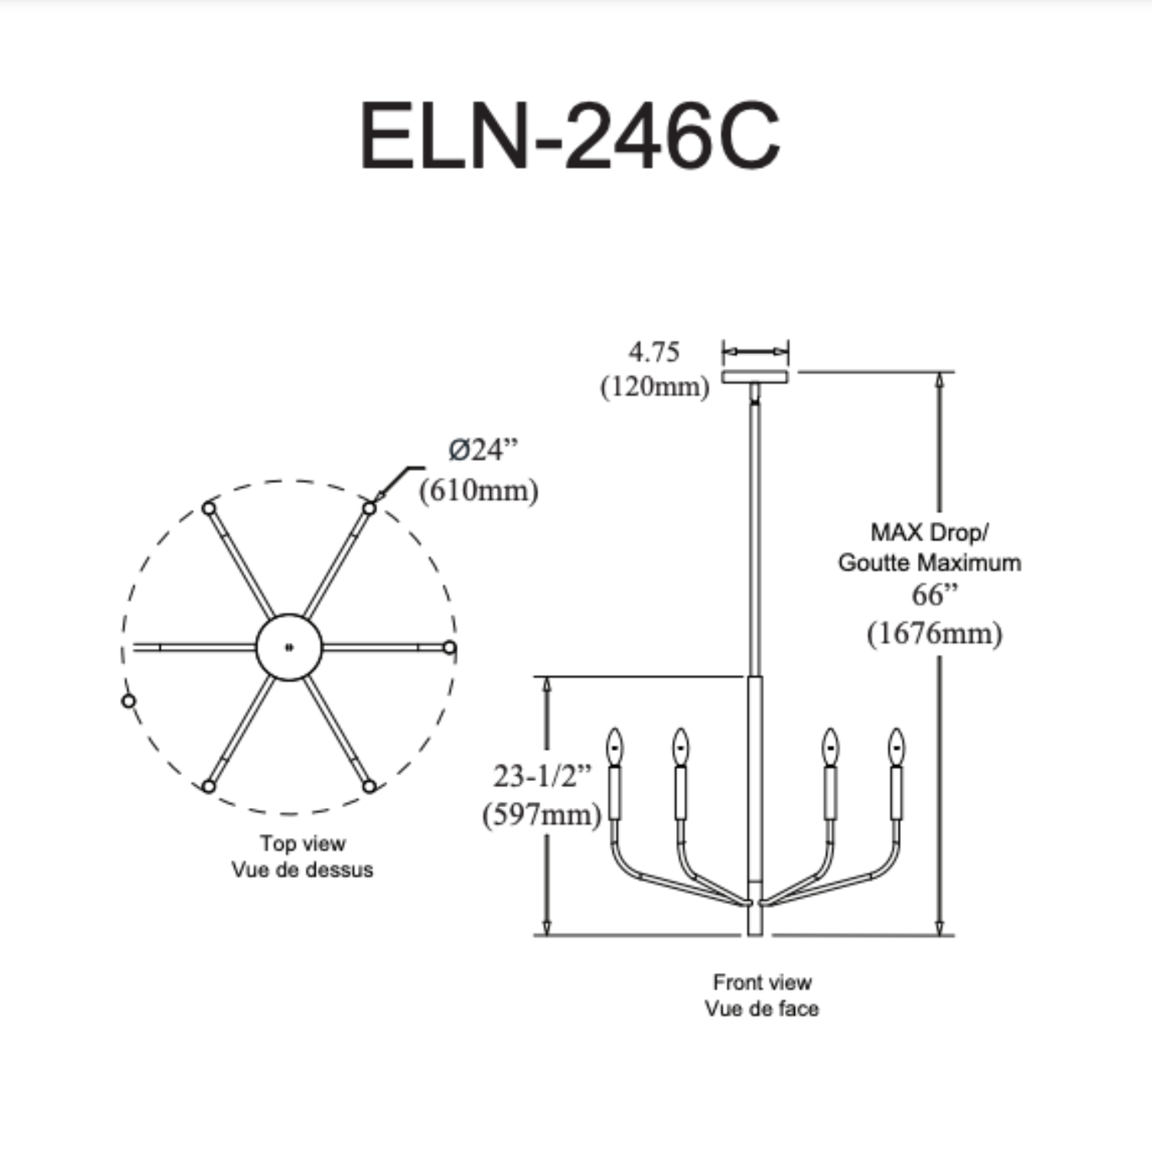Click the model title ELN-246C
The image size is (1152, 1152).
click(570, 137)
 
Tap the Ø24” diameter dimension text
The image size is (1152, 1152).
click(483, 450)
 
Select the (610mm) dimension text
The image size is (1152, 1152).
click(478, 490)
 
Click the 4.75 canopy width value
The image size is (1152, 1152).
click(654, 352)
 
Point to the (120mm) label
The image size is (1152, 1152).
click(654, 386)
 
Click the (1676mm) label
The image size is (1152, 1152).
click(935, 634)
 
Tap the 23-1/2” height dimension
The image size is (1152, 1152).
click(542, 776)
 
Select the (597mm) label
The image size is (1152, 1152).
click(541, 814)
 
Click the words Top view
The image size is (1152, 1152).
click(303, 843)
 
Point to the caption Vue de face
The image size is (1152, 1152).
click(762, 1008)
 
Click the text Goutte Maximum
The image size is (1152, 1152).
click(929, 562)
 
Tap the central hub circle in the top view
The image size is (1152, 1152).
click(289, 647)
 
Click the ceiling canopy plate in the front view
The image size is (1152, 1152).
click(755, 376)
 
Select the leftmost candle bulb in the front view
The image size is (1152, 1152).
click(614, 746)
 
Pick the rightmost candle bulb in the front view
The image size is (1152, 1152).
click(896, 746)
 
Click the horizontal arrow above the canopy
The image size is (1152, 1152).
click(756, 352)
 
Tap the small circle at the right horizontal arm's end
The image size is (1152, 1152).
click(449, 647)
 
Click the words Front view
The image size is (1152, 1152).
click(762, 982)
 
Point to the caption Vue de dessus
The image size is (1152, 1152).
click(303, 870)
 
